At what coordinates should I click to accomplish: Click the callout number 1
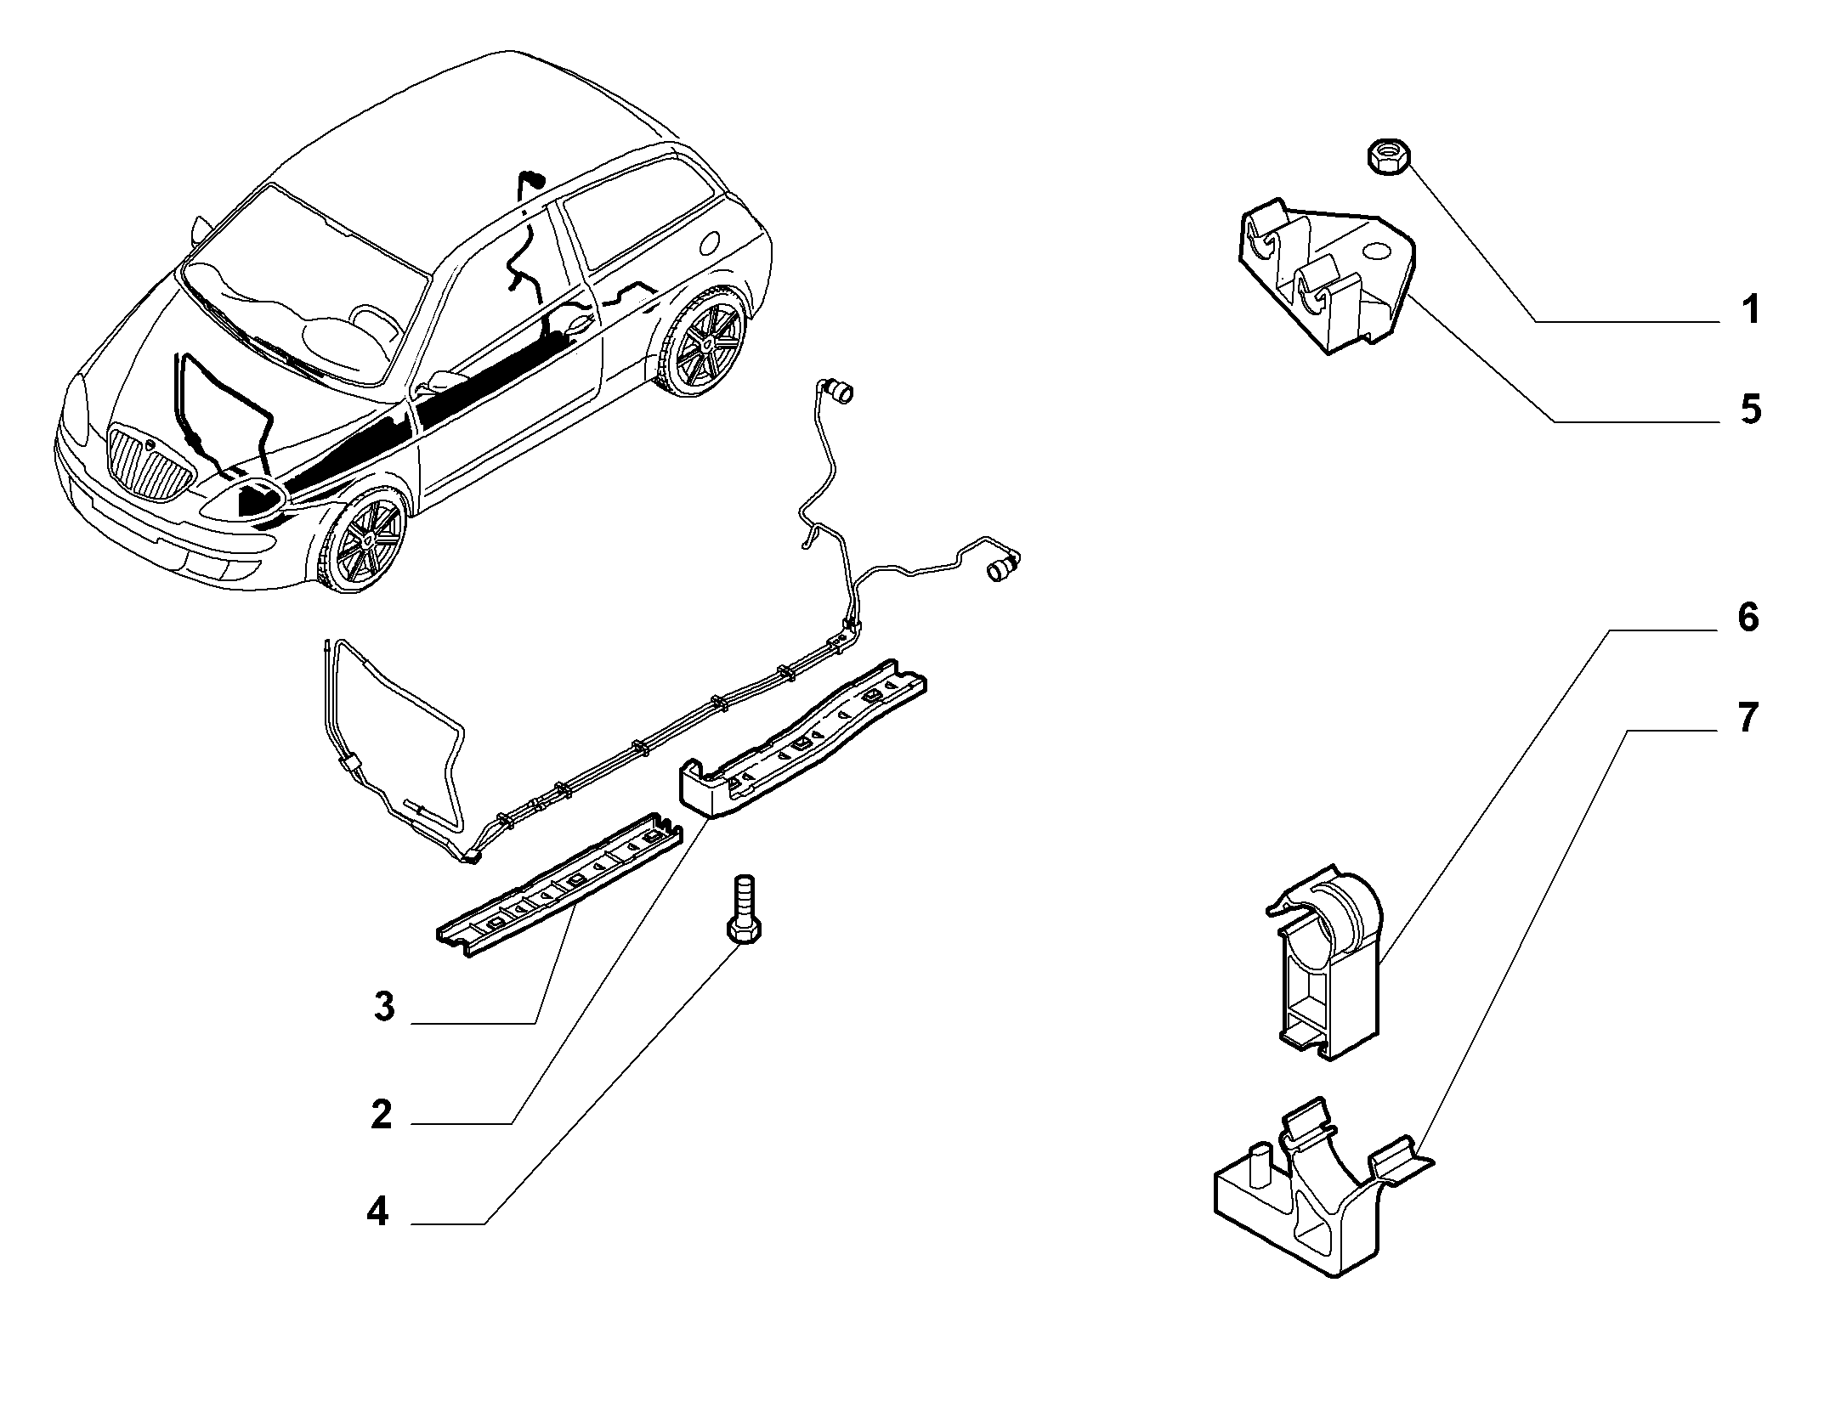click(x=1749, y=311)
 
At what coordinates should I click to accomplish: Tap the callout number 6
click(x=1748, y=618)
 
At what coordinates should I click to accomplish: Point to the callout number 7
click(x=1747, y=719)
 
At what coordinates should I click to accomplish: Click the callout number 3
click(x=384, y=1008)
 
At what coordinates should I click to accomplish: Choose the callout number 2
click(x=382, y=1114)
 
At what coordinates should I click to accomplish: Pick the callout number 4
click(x=378, y=1212)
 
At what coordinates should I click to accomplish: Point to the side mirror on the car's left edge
click(x=200, y=229)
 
